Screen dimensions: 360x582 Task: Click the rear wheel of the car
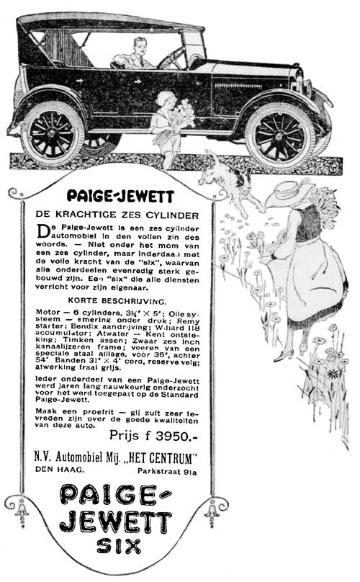click(x=53, y=134)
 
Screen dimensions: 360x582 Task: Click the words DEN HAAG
click(x=57, y=470)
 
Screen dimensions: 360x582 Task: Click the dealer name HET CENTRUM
click(x=162, y=457)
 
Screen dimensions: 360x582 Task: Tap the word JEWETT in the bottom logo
click(x=114, y=520)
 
